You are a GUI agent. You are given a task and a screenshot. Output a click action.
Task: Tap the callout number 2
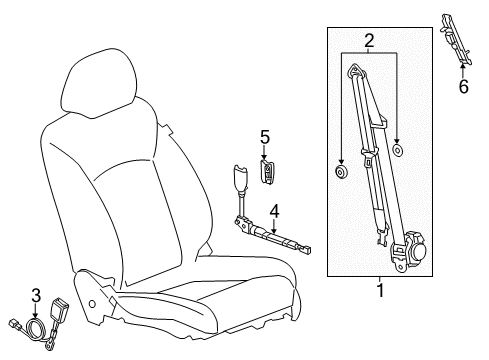point(369,41)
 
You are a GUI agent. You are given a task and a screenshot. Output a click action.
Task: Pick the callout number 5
point(265,137)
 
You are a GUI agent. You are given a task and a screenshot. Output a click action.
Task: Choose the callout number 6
point(462,87)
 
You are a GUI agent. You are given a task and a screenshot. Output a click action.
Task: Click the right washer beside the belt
point(398,151)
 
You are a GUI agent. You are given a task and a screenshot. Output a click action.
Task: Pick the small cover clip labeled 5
point(267,171)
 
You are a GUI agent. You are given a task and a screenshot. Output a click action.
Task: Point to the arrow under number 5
point(265,153)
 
